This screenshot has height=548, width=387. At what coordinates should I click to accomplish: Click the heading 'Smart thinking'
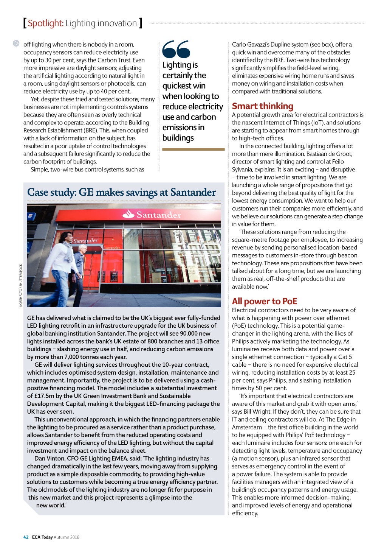coord(262,106)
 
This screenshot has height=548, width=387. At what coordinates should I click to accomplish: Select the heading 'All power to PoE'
coord(264,301)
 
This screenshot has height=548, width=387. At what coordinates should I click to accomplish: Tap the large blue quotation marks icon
coord(176,49)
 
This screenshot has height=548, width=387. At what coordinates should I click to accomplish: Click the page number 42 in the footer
coord(26,537)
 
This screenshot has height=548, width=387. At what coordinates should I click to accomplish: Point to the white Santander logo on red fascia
coord(152,215)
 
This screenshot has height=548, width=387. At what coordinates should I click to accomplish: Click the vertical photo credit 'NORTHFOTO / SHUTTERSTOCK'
coord(21,285)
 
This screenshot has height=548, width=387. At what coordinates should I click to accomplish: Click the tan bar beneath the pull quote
coord(193,149)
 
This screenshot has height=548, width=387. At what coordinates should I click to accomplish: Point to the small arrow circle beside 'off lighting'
coord(16,43)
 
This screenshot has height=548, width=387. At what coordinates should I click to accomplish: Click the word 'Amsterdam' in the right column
coord(247,427)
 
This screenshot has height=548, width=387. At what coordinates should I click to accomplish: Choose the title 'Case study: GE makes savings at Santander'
coord(121,192)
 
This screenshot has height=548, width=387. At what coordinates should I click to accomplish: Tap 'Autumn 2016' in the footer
coord(67,537)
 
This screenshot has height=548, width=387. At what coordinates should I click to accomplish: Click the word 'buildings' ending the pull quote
coord(178,138)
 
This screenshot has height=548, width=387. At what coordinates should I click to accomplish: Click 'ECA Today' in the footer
coord(42,537)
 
